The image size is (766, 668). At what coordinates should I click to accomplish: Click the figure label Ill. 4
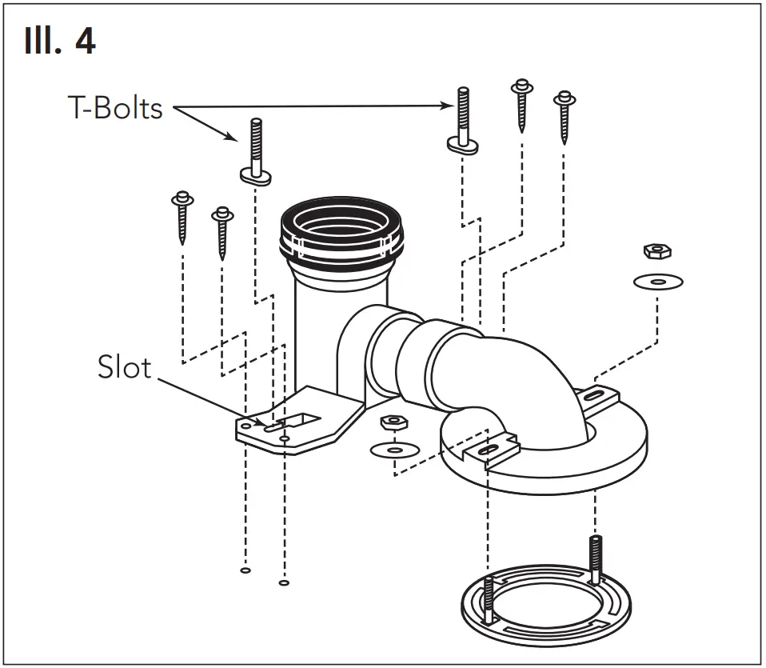click(61, 42)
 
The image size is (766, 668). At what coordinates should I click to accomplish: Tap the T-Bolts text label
click(115, 108)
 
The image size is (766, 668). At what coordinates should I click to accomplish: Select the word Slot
click(124, 367)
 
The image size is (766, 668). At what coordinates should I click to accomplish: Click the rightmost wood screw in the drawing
click(565, 116)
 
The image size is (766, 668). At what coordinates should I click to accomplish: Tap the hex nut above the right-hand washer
click(657, 252)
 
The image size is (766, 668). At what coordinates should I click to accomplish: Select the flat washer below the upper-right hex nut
click(658, 282)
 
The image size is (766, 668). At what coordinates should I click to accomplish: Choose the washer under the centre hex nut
click(393, 450)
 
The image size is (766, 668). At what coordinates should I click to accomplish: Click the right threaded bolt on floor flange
click(594, 560)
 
